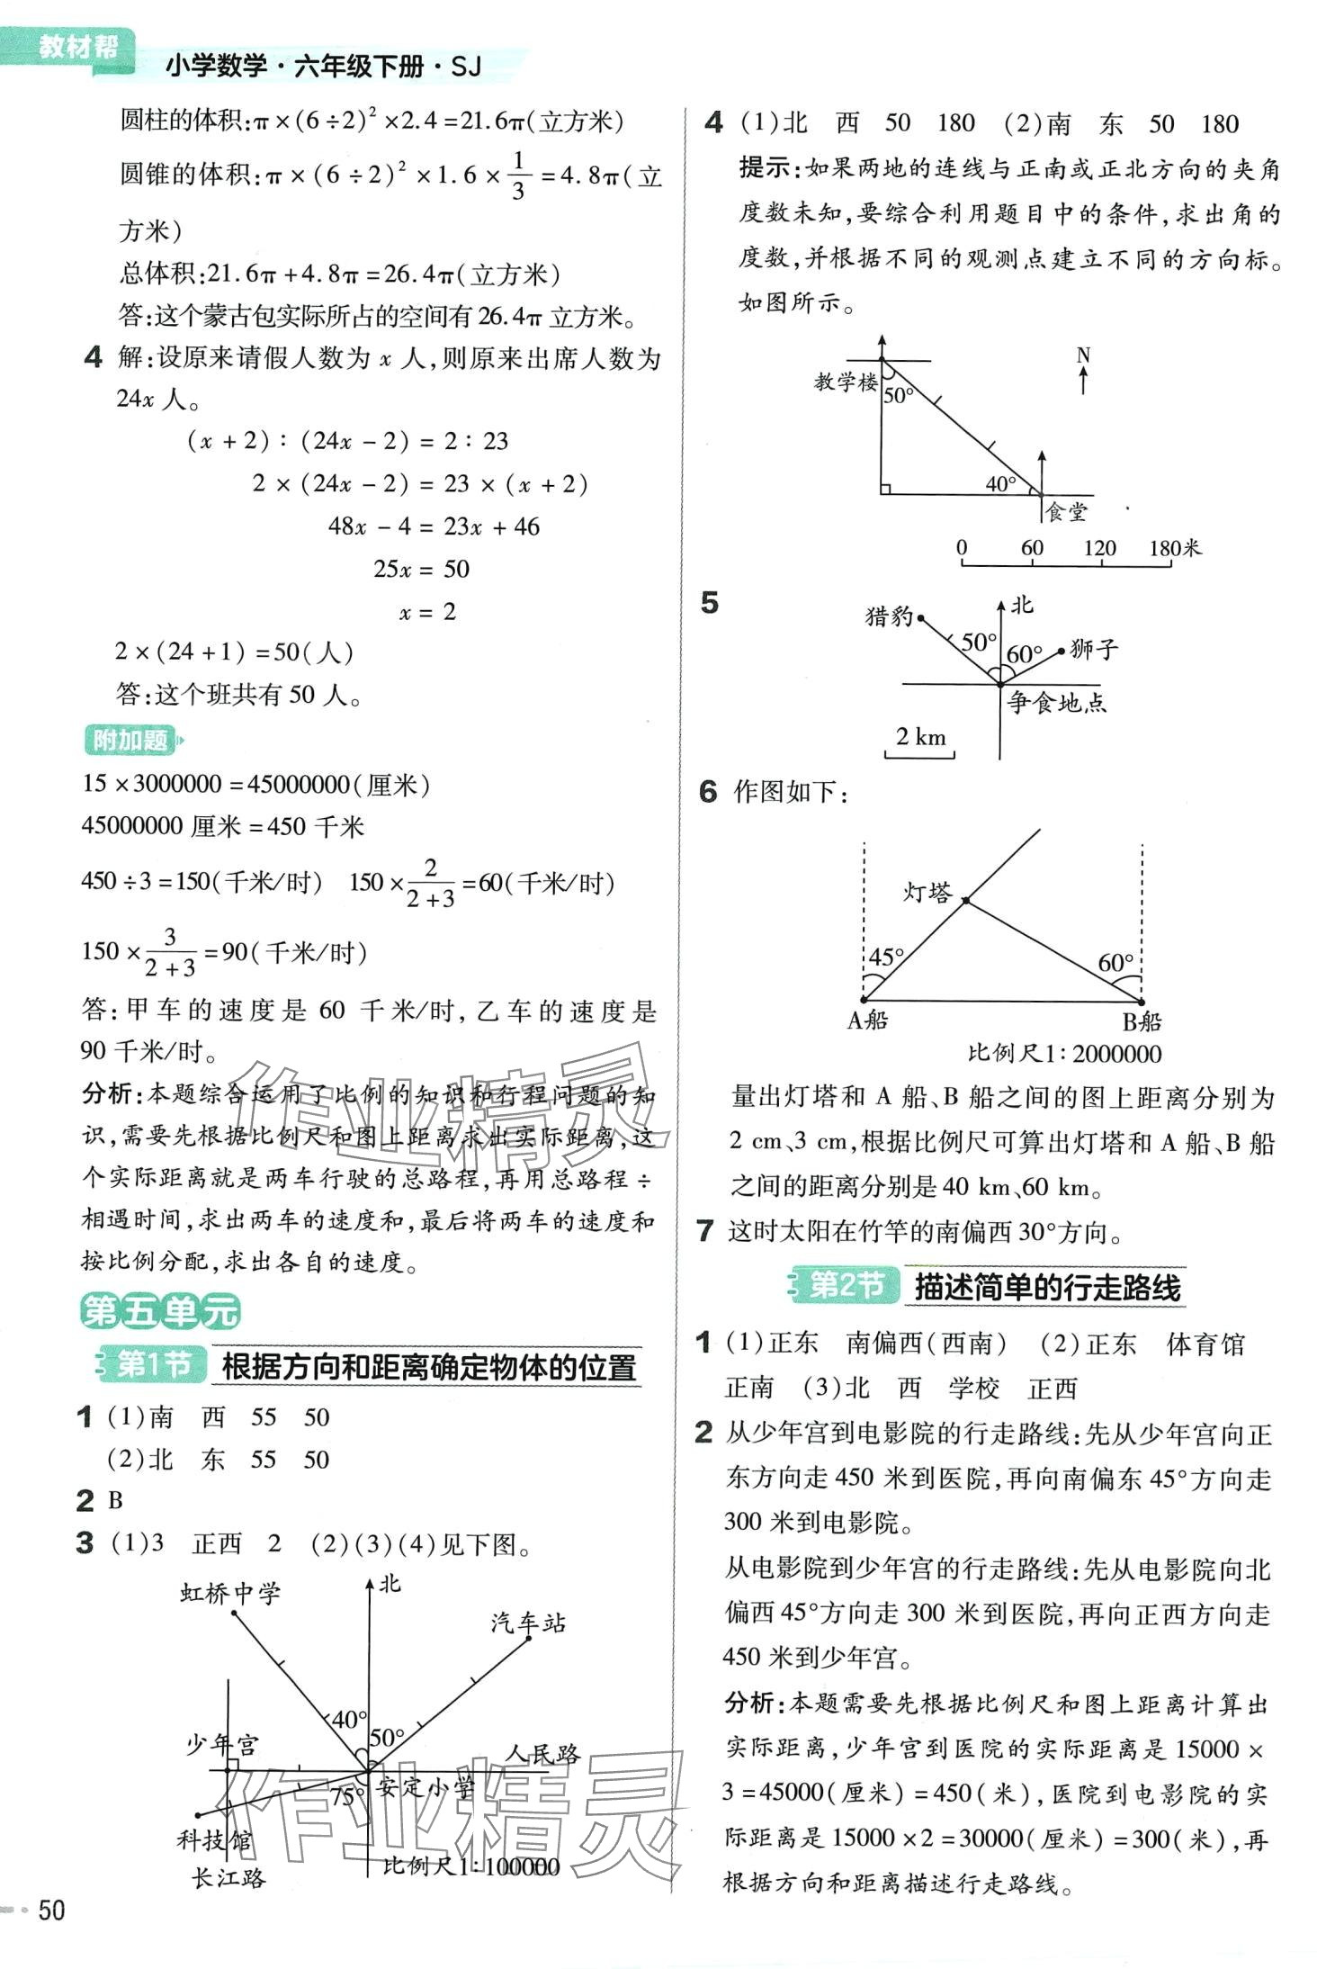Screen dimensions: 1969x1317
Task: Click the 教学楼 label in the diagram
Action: tap(845, 382)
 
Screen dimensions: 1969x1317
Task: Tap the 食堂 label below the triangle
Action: tap(1066, 512)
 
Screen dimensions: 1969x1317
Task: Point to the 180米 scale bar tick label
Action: tap(1174, 548)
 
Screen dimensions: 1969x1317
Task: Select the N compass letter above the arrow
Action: tap(1083, 356)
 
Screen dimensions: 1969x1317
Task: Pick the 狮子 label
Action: tap(1094, 649)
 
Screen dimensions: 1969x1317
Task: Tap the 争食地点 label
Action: tap(1056, 702)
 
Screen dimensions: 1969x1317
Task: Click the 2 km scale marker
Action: tap(920, 737)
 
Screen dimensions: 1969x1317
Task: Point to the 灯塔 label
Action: tap(927, 892)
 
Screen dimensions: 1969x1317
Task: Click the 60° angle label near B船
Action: tap(1115, 962)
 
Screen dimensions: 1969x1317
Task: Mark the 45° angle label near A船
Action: tap(885, 957)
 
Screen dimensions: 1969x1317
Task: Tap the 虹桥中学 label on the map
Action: tap(230, 1594)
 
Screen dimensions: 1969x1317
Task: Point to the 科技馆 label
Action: tap(214, 1839)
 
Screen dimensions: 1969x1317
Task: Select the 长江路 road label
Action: tap(228, 1878)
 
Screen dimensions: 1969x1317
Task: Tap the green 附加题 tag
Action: tap(130, 740)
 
